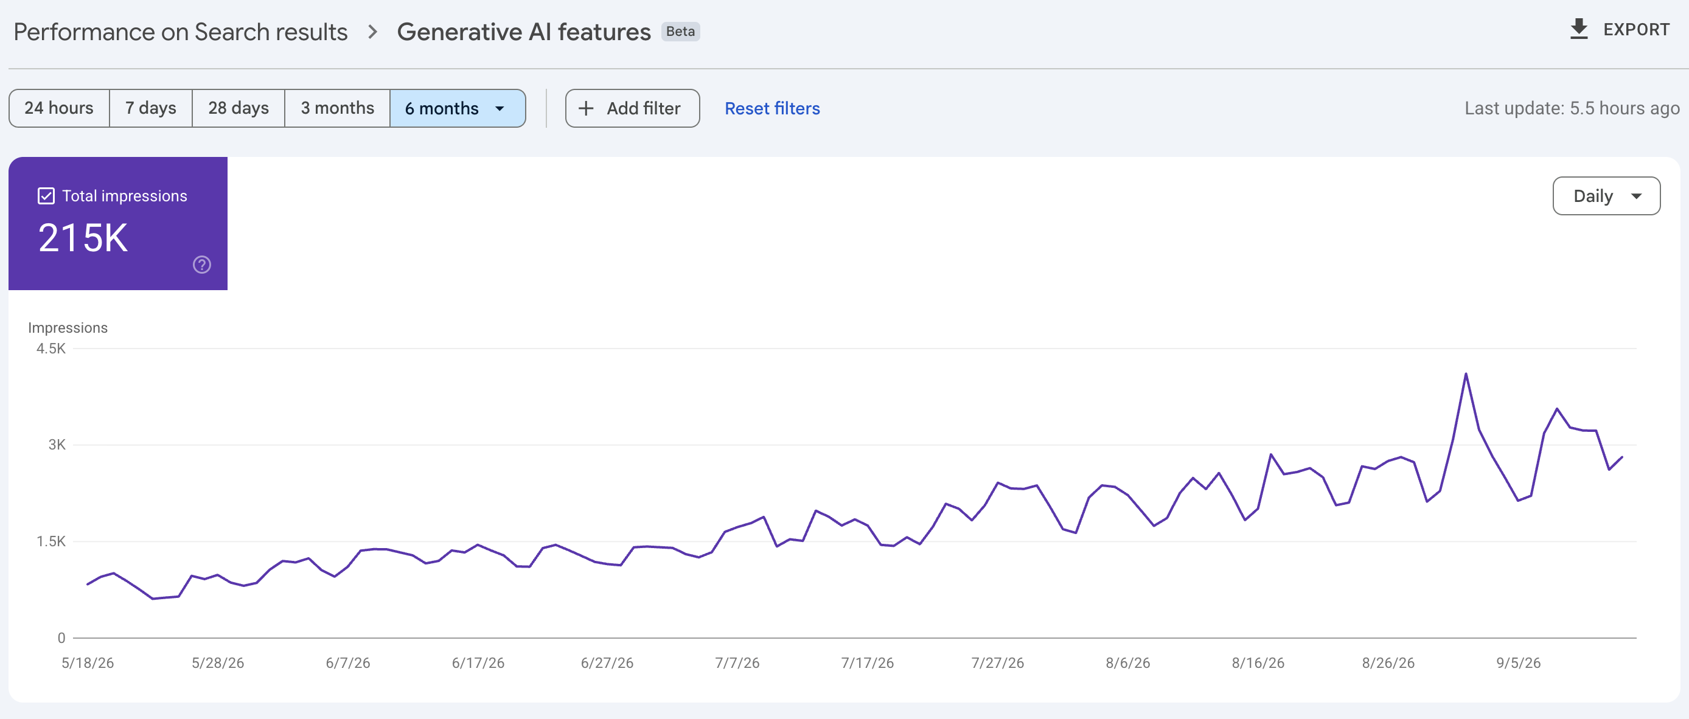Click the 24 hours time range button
(x=59, y=108)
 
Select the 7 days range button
(x=151, y=108)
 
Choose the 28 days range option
(x=239, y=108)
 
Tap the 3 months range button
(x=337, y=108)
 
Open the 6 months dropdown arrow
(x=500, y=109)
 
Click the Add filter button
(x=632, y=108)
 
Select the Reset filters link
(x=771, y=108)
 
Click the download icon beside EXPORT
(x=1579, y=29)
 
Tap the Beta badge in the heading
(x=681, y=32)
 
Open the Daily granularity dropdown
(x=1606, y=196)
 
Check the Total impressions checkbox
(x=46, y=196)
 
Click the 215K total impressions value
(x=83, y=237)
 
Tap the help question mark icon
(x=202, y=265)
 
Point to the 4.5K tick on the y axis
(x=51, y=349)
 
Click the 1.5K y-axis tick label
(x=51, y=541)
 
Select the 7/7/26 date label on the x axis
(x=737, y=662)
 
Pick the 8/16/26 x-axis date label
(x=1258, y=662)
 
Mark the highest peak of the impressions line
(x=1466, y=374)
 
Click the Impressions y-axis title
(x=68, y=328)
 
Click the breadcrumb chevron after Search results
(x=372, y=32)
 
